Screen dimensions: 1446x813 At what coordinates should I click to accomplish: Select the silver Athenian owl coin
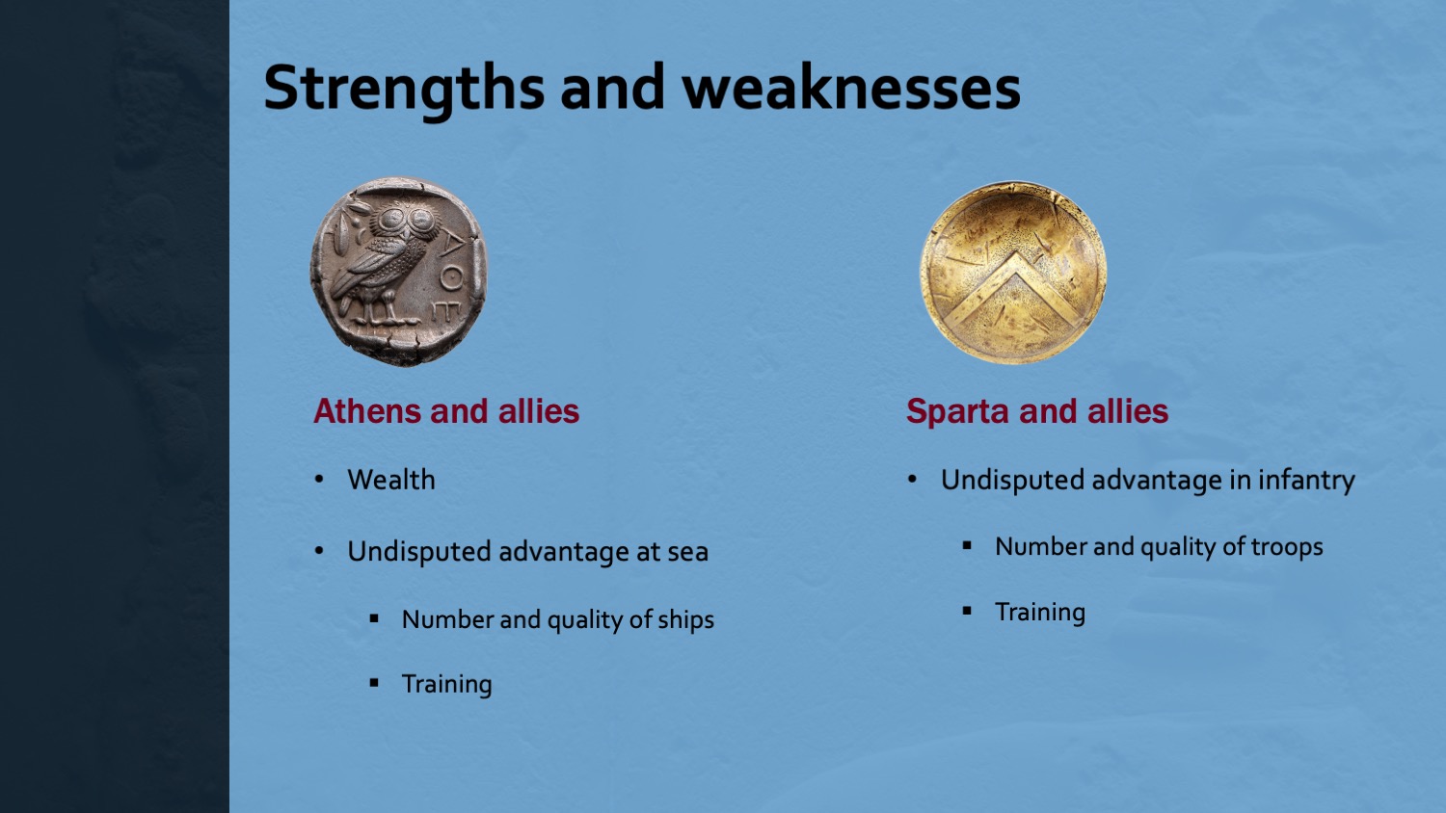[x=398, y=272]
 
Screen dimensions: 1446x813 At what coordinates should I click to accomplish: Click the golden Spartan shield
[x=1013, y=273]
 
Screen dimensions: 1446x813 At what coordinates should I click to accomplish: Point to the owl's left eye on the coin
[x=391, y=220]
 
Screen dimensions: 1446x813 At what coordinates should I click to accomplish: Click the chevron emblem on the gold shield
[x=1014, y=290]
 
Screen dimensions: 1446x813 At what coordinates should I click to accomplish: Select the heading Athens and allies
[x=446, y=411]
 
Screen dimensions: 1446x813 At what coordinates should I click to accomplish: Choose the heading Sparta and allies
[x=1036, y=411]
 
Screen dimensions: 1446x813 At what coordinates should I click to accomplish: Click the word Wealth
[x=391, y=480]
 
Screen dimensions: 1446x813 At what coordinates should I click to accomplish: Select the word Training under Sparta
[x=1040, y=613]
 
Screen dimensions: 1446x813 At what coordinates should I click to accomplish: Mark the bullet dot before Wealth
[x=319, y=480]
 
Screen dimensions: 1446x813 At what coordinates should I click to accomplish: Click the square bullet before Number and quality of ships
[x=374, y=618]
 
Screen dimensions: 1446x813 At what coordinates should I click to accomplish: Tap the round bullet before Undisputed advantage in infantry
[x=912, y=480]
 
